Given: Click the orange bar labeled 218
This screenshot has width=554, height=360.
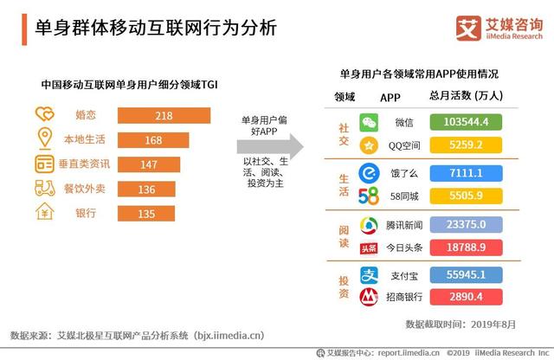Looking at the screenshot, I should point(164,115).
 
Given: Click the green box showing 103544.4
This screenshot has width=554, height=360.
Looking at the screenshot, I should point(467,122).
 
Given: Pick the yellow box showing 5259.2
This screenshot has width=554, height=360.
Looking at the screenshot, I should point(467,144).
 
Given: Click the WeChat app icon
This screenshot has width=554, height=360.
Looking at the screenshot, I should point(370,122).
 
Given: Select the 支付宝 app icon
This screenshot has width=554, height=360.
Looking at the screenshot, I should point(370,275).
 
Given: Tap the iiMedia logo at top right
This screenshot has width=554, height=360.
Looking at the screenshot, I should point(468,29).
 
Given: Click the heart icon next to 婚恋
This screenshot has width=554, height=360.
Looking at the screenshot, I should point(44,114).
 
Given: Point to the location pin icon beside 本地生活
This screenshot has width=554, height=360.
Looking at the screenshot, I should point(44,138).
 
